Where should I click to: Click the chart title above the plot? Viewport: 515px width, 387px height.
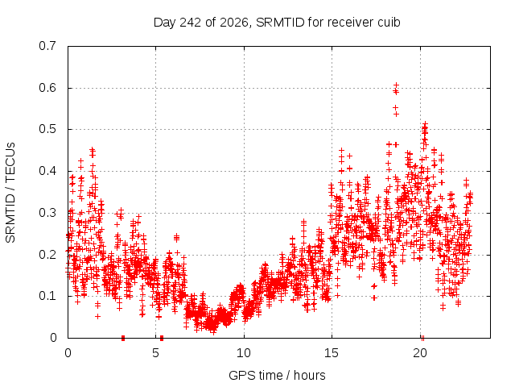[277, 23]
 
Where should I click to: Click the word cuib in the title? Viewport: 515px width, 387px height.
[389, 23]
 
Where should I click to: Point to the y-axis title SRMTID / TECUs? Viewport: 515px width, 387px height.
[10, 193]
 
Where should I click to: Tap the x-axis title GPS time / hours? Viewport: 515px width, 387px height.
[277, 375]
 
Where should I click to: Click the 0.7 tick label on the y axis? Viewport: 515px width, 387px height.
[47, 46]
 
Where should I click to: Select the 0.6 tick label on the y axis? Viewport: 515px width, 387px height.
[47, 88]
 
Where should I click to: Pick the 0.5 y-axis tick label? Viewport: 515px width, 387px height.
[47, 129]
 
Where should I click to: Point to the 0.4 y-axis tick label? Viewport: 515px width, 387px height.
[47, 171]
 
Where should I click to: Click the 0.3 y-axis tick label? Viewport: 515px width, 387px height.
[47, 213]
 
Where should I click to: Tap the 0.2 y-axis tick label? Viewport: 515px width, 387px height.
[47, 255]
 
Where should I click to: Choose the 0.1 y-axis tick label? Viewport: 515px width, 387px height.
[47, 296]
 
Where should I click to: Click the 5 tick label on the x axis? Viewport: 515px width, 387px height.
[155, 353]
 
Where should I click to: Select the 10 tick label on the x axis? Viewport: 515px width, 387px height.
[243, 353]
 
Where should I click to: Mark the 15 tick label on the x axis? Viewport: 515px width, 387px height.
[332, 353]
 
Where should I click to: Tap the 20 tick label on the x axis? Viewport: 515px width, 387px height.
[420, 353]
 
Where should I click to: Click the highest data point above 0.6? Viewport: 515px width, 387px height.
[396, 85]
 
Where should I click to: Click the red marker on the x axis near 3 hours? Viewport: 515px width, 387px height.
[123, 338]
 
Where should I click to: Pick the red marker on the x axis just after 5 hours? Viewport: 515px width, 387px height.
[162, 338]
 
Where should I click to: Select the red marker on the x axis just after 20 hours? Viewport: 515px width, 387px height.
[422, 338]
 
